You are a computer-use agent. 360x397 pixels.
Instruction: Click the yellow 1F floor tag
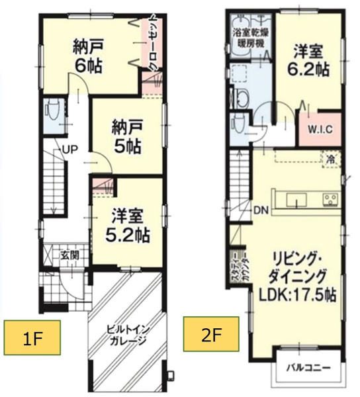[32, 337]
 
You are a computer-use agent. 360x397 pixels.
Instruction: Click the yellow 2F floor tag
[211, 334]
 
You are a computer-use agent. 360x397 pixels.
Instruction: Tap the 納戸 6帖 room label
[88, 56]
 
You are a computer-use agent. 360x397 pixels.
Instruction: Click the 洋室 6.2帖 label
[308, 60]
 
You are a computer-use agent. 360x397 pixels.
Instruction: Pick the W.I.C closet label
[320, 130]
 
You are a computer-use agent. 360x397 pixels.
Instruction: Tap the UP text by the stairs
[69, 150]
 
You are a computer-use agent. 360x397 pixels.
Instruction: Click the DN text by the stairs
[261, 210]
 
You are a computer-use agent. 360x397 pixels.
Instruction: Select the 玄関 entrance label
[69, 255]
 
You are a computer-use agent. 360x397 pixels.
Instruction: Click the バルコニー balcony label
[308, 367]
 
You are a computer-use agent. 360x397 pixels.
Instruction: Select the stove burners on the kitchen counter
[330, 198]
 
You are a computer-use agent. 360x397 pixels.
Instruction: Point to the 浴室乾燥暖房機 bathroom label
[251, 38]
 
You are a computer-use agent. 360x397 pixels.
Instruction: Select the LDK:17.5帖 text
[298, 295]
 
